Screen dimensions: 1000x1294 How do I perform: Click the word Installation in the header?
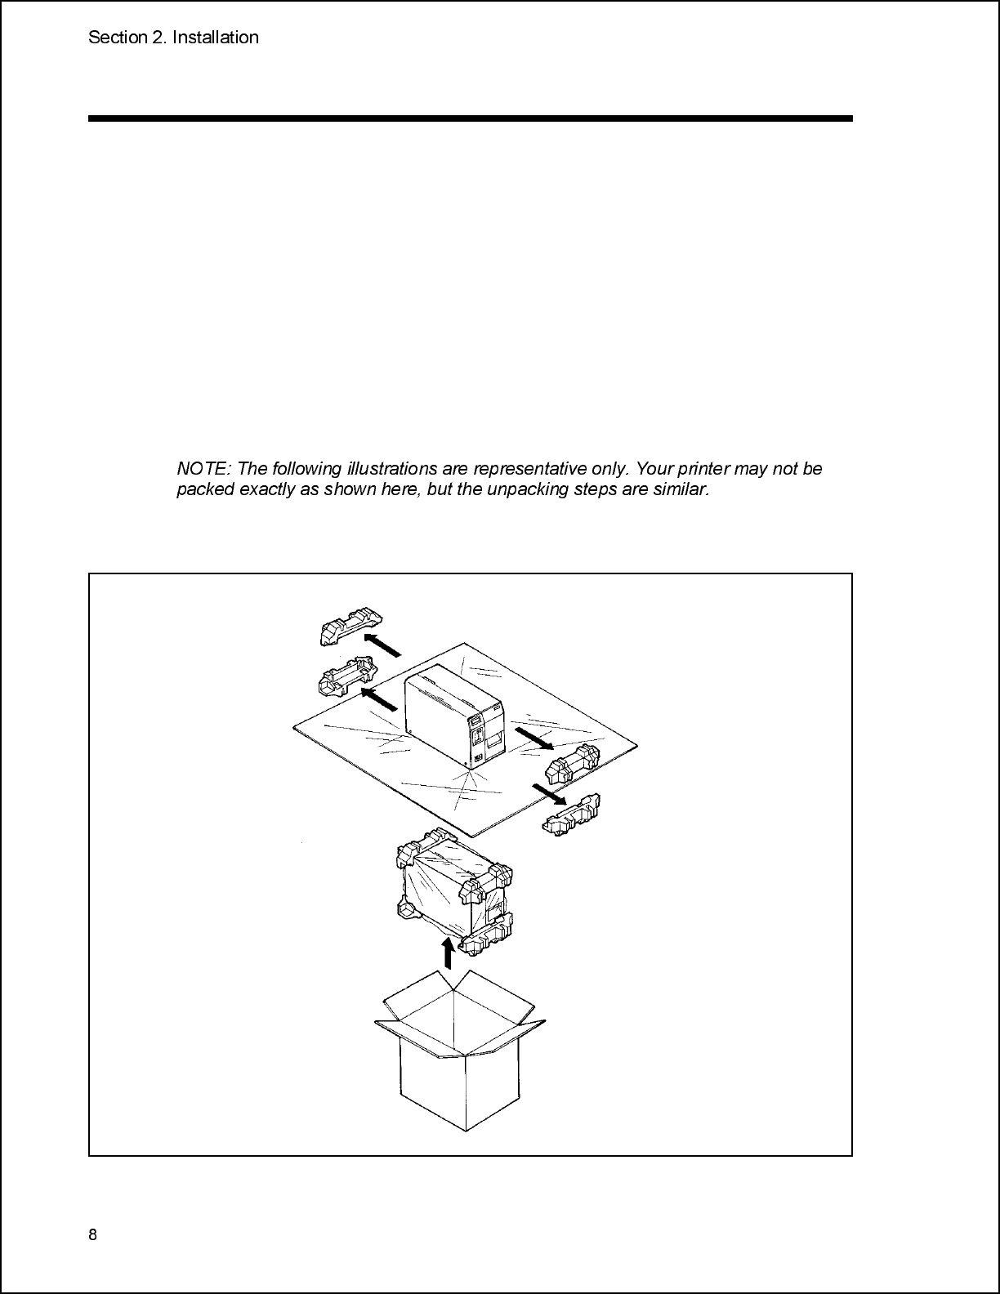click(x=215, y=38)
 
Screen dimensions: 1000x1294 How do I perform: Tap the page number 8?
click(x=92, y=1234)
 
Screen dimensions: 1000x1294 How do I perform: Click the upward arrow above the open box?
click(x=449, y=953)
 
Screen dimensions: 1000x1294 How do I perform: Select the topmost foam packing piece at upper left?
click(x=350, y=626)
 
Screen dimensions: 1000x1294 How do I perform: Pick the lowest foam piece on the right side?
click(x=571, y=814)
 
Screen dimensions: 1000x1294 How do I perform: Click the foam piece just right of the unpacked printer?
click(x=572, y=763)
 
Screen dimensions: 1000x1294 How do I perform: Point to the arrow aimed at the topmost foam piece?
click(x=382, y=645)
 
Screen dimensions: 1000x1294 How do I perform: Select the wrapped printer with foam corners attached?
click(x=454, y=891)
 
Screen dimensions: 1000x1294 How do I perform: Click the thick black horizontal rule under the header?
click(x=471, y=118)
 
